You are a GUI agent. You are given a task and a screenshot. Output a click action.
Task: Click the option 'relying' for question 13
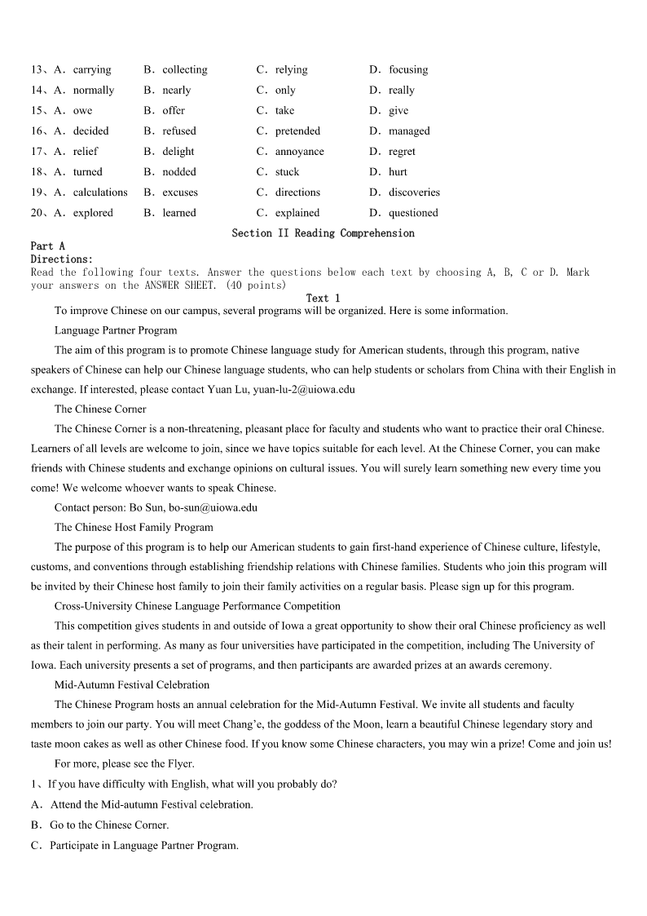pyautogui.click(x=291, y=70)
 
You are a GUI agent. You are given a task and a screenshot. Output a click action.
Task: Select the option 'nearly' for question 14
pyautogui.click(x=176, y=91)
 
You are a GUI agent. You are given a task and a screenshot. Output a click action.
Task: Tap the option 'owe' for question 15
pyautogui.click(x=82, y=111)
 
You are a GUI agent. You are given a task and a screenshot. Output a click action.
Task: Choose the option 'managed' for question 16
pyautogui.click(x=409, y=131)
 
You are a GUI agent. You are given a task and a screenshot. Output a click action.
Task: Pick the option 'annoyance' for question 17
pyautogui.click(x=299, y=152)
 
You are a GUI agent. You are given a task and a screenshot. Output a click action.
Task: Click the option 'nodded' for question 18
pyautogui.click(x=178, y=172)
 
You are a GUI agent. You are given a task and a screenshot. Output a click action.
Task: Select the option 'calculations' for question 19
pyautogui.click(x=100, y=192)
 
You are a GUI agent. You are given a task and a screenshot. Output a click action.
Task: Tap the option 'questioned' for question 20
pyautogui.click(x=413, y=213)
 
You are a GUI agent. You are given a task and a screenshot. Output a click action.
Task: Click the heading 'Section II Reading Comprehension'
pyautogui.click(x=323, y=233)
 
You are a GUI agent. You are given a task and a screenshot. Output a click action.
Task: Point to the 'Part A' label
pyautogui.click(x=48, y=246)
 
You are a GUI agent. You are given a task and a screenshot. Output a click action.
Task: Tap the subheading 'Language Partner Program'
pyautogui.click(x=116, y=330)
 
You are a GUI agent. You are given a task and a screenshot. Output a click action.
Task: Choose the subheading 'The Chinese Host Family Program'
pyautogui.click(x=134, y=527)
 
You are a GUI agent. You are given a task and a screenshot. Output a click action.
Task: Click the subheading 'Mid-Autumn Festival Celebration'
pyautogui.click(x=132, y=684)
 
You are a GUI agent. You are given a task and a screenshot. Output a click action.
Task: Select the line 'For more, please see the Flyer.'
pyautogui.click(x=125, y=763)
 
